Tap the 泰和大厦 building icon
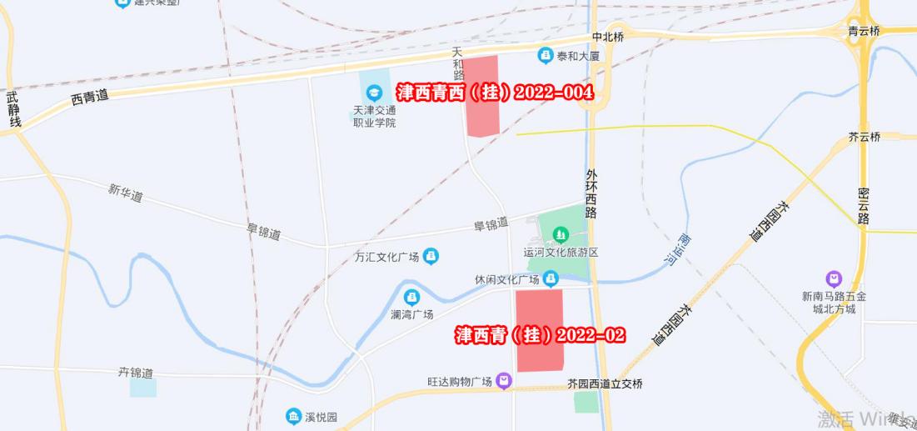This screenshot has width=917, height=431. [x=546, y=55]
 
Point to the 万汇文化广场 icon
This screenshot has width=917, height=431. [x=431, y=255]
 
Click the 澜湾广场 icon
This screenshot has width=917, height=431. [x=411, y=297]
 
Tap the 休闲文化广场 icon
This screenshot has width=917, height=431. [x=551, y=278]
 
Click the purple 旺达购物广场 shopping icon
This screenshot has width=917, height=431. [x=504, y=382]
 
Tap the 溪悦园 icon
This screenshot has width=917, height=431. [x=293, y=416]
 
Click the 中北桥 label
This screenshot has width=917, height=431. [x=607, y=38]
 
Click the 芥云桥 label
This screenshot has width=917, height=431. [x=864, y=138]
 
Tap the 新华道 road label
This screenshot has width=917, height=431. [x=125, y=193]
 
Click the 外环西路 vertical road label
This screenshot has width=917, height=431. [x=591, y=193]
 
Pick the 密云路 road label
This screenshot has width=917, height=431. [x=864, y=207]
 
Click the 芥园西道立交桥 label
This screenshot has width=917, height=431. [x=605, y=384]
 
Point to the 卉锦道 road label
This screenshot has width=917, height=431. [x=135, y=372]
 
